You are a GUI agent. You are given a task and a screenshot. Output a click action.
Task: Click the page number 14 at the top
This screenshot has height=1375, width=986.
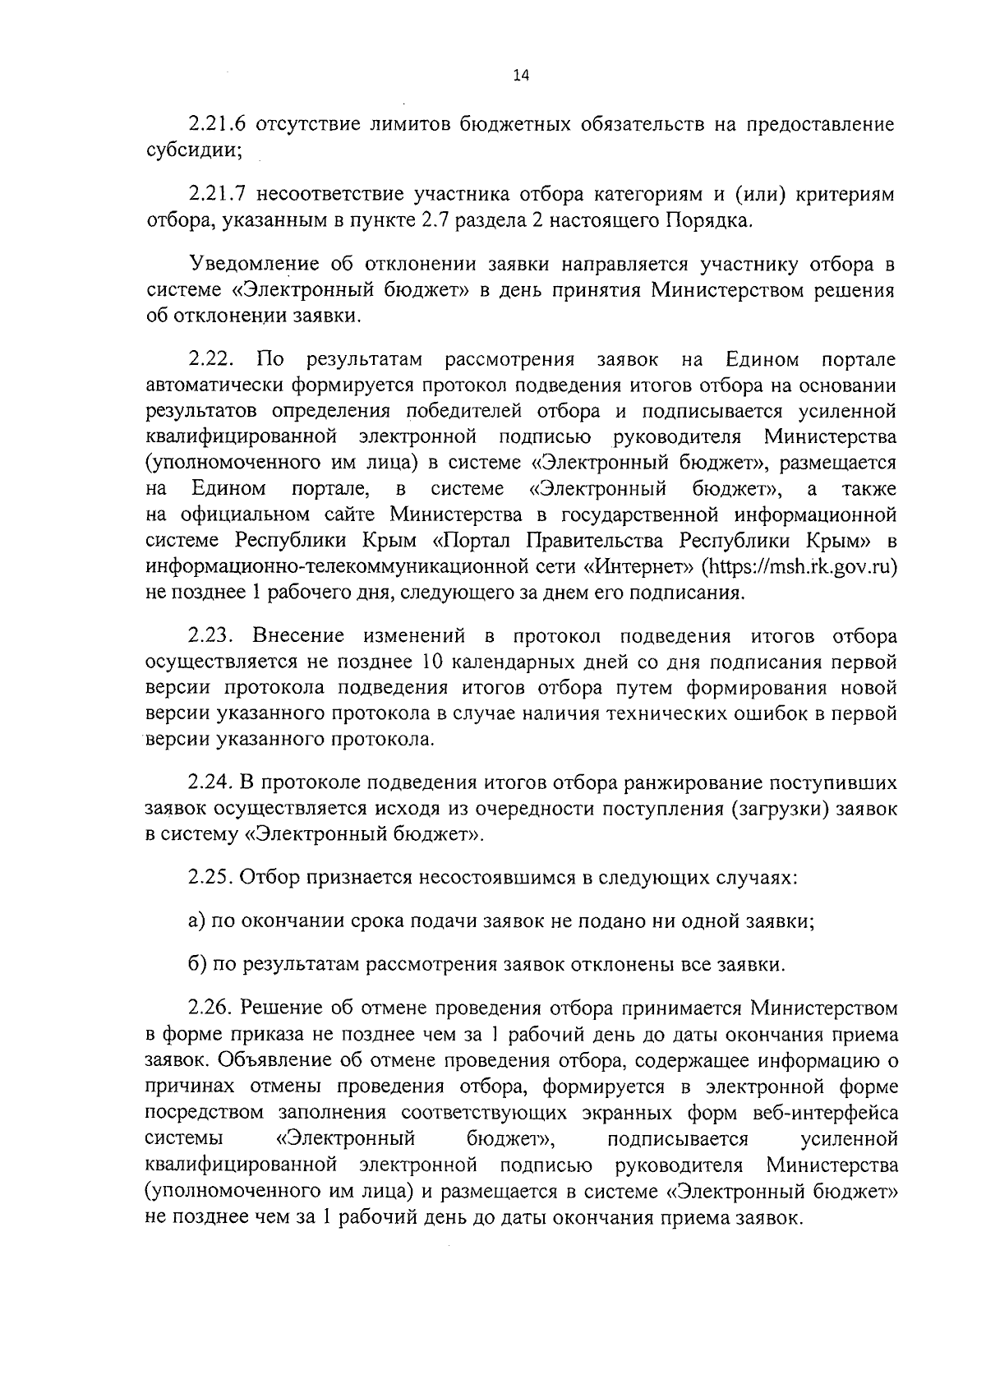coord(521,76)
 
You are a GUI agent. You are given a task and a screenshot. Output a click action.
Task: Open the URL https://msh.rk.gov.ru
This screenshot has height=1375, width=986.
coord(797,567)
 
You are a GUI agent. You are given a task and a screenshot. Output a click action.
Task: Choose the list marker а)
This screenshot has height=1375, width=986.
coord(196,921)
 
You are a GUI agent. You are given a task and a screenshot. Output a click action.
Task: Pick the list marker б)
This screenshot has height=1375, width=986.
coord(196,965)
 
